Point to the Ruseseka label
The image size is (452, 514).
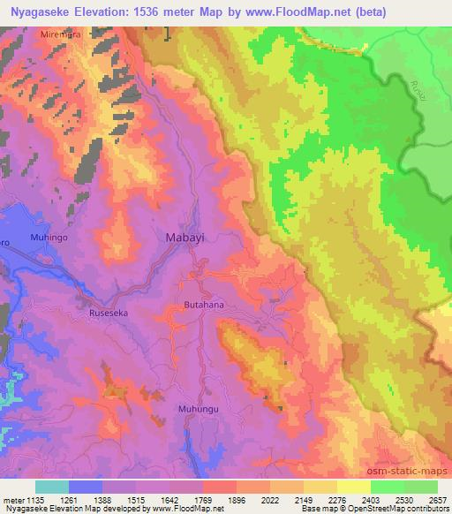(x=108, y=313)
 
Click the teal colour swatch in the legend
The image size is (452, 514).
(x=52, y=487)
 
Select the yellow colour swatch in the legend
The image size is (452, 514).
(x=353, y=487)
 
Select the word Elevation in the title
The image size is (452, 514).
(x=117, y=11)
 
